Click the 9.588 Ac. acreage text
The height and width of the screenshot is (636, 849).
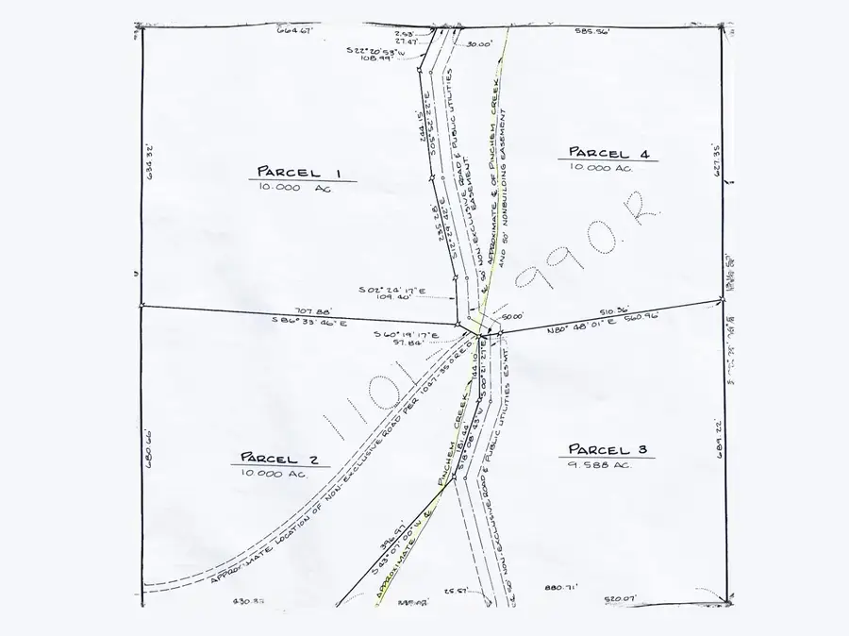[599, 464]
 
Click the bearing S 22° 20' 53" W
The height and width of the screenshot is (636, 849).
[375, 50]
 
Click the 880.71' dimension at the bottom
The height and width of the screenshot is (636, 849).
[560, 587]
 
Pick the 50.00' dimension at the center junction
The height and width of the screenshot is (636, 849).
[512, 317]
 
